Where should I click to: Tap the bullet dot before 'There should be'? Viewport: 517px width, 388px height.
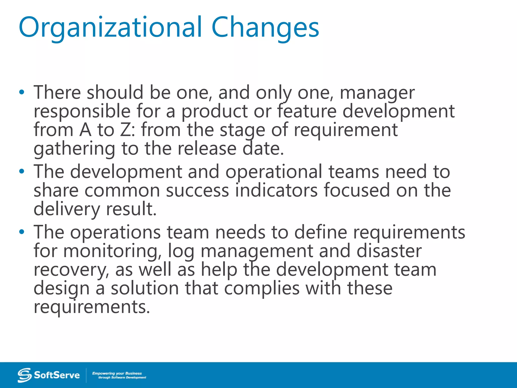22,92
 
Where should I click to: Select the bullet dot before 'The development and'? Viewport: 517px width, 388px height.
22,172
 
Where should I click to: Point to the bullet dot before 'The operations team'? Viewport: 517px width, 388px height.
22,232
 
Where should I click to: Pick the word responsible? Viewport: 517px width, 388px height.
82,112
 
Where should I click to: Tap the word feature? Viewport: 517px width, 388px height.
307,111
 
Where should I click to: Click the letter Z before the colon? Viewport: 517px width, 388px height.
125,130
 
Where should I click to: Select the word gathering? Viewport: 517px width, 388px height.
74,149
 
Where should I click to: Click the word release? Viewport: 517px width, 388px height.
207,149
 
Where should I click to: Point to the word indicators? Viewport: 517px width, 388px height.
276,190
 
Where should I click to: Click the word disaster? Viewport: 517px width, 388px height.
389,251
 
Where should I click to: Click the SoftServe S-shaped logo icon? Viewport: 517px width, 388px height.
24,375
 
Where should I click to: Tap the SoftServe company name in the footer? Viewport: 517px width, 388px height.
57,375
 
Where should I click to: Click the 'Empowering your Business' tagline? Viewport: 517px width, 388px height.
117,373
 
